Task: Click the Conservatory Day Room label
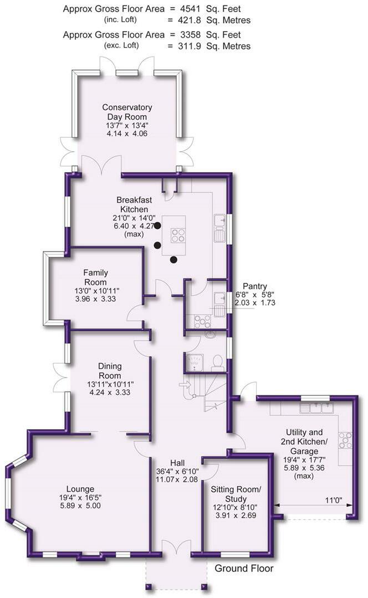click(127, 112)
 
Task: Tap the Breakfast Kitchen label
click(132, 204)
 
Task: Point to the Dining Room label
click(110, 370)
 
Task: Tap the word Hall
click(177, 462)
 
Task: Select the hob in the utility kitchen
click(345, 440)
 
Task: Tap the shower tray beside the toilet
click(196, 362)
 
